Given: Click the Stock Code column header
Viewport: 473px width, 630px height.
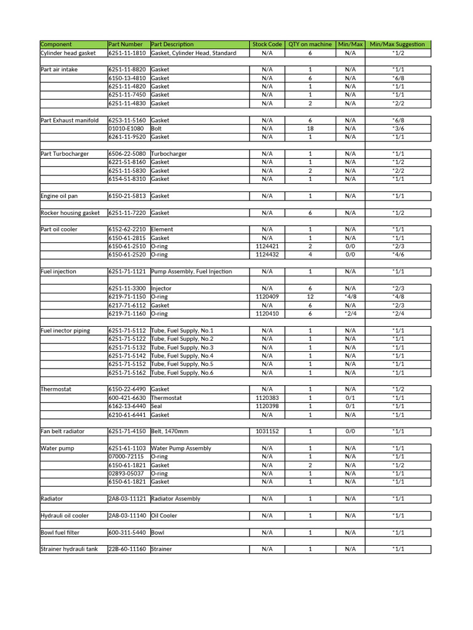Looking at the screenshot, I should pos(267,44).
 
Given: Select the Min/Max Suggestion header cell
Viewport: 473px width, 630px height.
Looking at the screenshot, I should pos(397,44).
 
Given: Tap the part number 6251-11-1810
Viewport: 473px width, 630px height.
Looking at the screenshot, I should pos(127,53).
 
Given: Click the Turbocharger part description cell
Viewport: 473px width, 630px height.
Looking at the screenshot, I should pos(169,154).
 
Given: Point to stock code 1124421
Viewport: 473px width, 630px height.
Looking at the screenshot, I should pos(267,246).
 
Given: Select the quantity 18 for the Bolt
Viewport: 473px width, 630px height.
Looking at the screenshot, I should pos(310,129).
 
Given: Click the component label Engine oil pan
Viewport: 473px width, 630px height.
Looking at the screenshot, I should pos(59,196).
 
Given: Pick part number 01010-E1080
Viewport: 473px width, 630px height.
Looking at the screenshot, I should pos(126,129).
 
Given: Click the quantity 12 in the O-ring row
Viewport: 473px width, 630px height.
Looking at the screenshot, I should pos(310,297).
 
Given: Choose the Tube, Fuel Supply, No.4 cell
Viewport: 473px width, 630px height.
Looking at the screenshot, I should pos(182,356).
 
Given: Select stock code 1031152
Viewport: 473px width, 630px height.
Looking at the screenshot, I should pos(267,431).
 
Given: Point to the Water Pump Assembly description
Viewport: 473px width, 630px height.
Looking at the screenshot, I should pos(181,448).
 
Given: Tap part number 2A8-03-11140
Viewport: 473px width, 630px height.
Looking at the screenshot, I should pos(127,516).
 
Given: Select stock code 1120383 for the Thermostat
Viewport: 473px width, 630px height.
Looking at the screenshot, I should pos(267,397).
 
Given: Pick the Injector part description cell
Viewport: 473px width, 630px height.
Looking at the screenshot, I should pos(161,288).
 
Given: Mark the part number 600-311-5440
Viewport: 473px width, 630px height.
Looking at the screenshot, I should pos(127,532).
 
